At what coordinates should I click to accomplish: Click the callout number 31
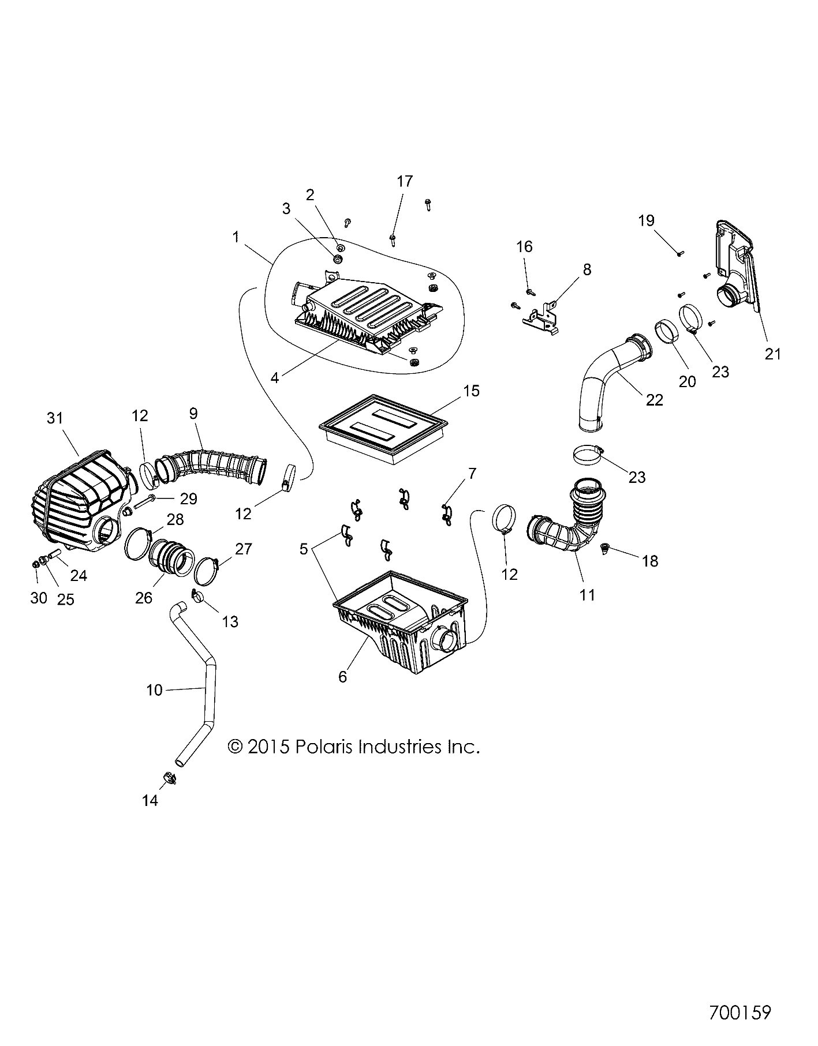click(x=55, y=418)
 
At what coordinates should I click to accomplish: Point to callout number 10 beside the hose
click(x=154, y=689)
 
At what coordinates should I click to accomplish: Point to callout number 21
click(x=772, y=353)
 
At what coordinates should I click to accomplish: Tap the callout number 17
click(x=405, y=181)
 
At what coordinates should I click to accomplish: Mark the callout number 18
click(x=650, y=561)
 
